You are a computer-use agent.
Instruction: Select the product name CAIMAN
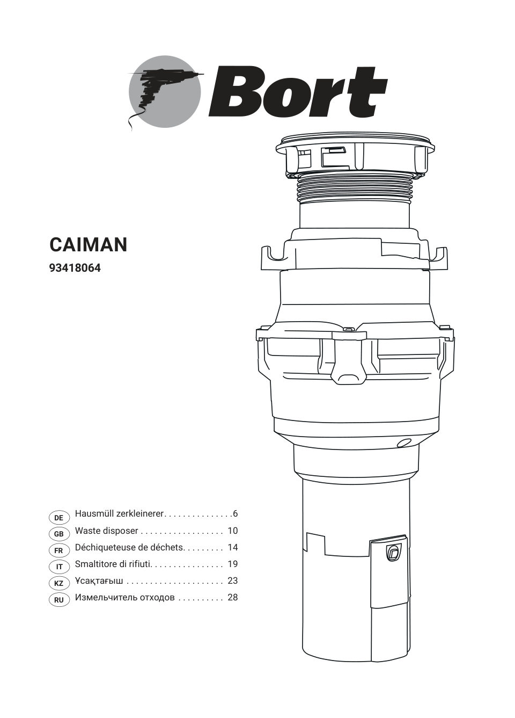tap(89, 245)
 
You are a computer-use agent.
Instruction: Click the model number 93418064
tap(75, 267)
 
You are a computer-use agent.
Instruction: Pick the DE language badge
tap(59, 518)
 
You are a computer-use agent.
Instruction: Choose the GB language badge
tap(59, 534)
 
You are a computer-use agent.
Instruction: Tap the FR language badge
tap(59, 550)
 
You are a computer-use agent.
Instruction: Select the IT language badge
tap(59, 567)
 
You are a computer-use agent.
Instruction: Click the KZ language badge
tap(59, 584)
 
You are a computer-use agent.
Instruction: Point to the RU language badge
tap(59, 600)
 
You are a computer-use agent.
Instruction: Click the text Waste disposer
tap(106, 531)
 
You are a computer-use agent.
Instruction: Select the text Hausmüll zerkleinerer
tap(119, 514)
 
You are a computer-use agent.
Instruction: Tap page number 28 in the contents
tap(232, 597)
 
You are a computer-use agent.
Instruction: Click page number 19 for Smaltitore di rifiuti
tap(232, 564)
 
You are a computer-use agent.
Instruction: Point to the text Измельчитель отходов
tap(124, 597)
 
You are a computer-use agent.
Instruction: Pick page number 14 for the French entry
tap(232, 547)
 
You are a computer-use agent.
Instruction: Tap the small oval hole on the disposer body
tap(402, 443)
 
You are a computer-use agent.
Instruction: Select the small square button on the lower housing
tap(393, 553)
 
